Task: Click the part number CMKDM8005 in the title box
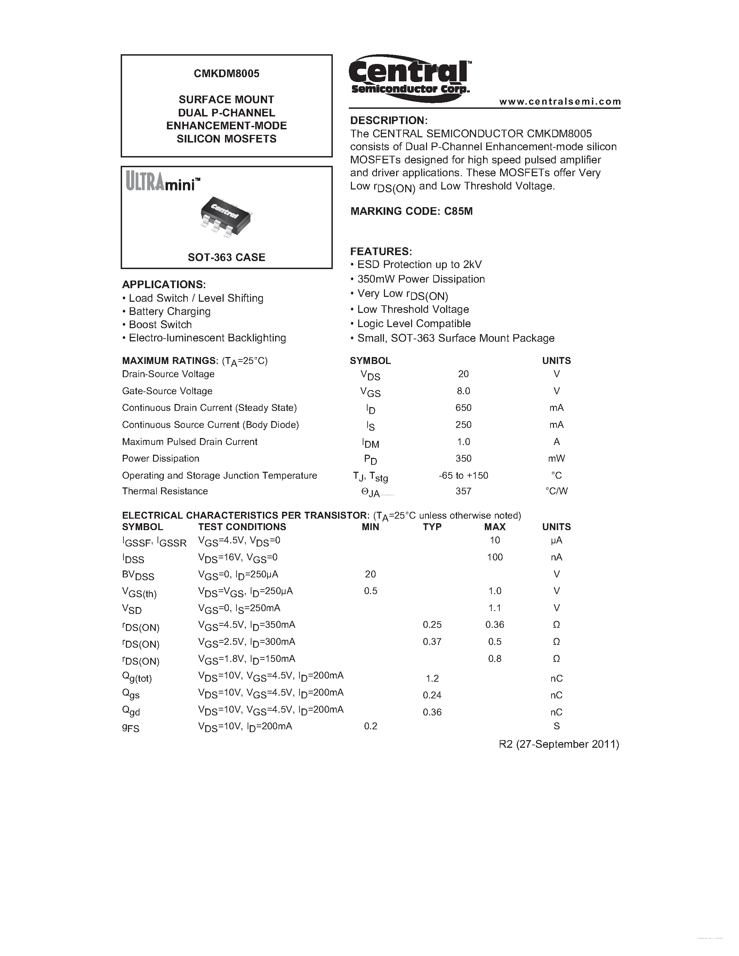click(x=226, y=74)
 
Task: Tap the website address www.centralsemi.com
click(x=560, y=102)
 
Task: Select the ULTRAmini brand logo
click(x=163, y=181)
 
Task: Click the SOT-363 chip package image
click(x=226, y=216)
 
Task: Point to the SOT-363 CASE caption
click(x=226, y=257)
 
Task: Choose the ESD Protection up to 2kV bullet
click(x=419, y=265)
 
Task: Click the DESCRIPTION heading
click(x=389, y=120)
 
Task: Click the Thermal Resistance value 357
click(x=463, y=491)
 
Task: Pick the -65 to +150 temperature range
click(x=463, y=475)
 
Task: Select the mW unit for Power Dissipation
click(x=556, y=458)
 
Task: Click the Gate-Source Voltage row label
click(x=167, y=391)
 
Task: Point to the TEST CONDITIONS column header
click(x=242, y=527)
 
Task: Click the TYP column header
click(x=432, y=527)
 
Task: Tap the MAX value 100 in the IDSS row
click(x=495, y=557)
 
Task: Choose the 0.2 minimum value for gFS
click(x=370, y=726)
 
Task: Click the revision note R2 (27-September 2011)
click(x=559, y=744)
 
